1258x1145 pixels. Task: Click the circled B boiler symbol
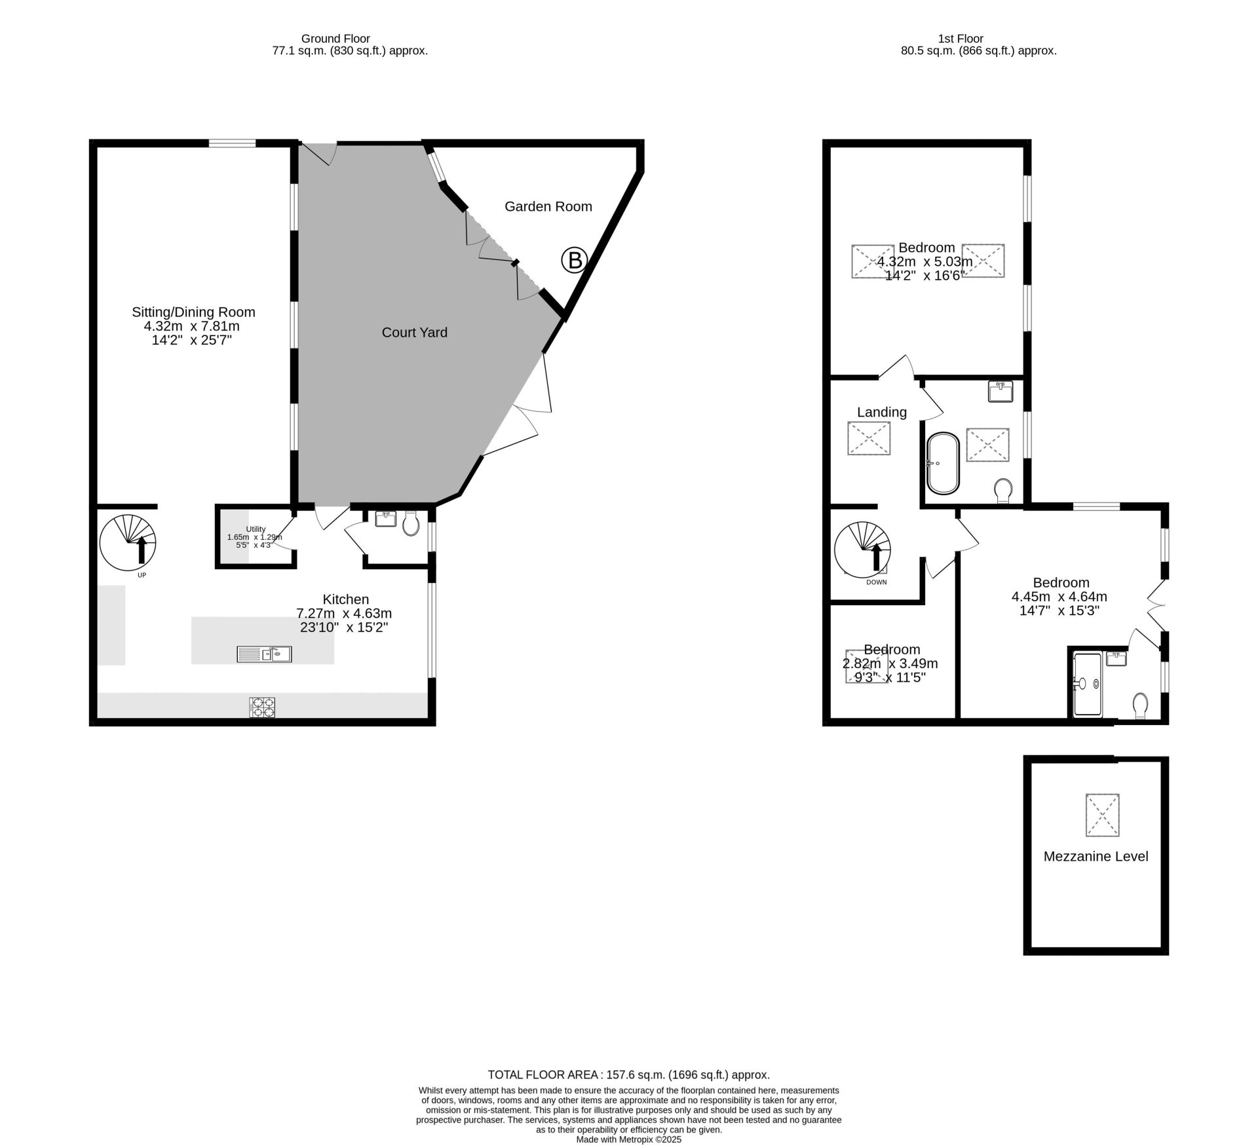[574, 261]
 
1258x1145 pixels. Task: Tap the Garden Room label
[548, 206]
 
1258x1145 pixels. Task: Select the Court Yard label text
[415, 333]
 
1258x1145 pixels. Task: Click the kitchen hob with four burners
[263, 707]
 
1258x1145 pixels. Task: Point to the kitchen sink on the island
[265, 653]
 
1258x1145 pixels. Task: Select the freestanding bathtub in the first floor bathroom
[943, 462]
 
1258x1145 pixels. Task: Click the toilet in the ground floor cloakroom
[411, 523]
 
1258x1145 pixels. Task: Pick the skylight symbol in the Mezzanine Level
[1103, 816]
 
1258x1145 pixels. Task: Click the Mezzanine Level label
[1096, 856]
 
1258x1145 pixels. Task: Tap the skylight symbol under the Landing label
[869, 438]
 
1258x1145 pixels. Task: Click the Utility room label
[256, 529]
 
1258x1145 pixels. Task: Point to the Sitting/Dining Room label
[193, 312]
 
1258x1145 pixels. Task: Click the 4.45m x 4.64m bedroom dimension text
[1059, 597]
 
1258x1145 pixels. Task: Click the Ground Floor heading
[335, 39]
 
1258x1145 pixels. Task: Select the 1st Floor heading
[961, 39]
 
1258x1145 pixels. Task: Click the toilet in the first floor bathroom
[1003, 490]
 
